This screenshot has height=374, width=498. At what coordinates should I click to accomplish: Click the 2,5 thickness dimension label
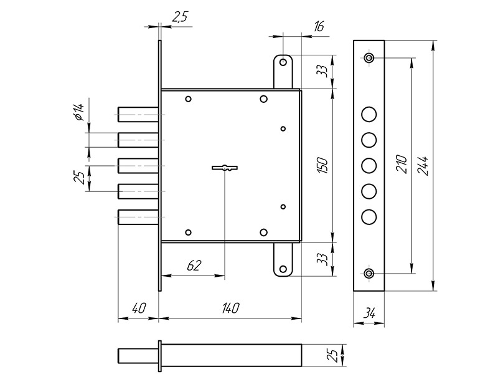click(179, 18)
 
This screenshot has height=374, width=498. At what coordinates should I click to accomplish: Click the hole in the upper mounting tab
click(283, 63)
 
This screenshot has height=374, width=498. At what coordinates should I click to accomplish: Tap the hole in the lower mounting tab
click(283, 270)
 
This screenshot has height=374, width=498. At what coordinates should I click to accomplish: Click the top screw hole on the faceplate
click(369, 58)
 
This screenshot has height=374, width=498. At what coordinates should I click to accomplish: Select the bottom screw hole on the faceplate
click(369, 273)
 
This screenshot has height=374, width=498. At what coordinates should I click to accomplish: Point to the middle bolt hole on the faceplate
click(369, 165)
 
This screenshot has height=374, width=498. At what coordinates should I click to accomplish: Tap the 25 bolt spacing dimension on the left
click(78, 178)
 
